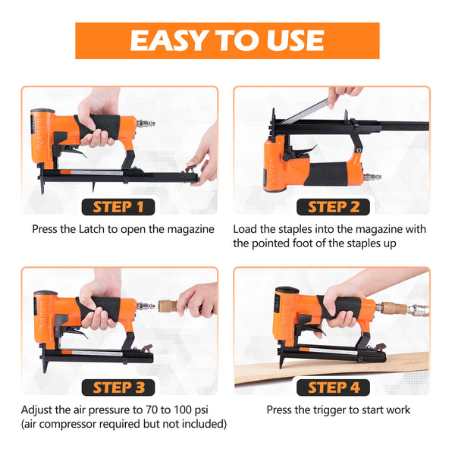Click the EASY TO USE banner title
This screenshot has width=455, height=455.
click(x=227, y=40)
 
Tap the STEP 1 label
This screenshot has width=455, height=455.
click(x=118, y=206)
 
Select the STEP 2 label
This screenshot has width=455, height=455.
click(x=334, y=206)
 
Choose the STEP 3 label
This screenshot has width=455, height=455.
click(x=118, y=388)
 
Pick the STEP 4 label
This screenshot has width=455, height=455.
click(x=334, y=388)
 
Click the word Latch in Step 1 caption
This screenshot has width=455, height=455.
click(x=109, y=229)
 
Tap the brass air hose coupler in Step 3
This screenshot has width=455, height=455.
click(x=168, y=306)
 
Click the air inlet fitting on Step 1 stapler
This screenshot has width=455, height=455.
click(x=146, y=122)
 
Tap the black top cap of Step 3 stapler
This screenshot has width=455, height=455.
click(x=45, y=293)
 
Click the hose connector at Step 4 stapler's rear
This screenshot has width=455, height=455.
click(x=394, y=309)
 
